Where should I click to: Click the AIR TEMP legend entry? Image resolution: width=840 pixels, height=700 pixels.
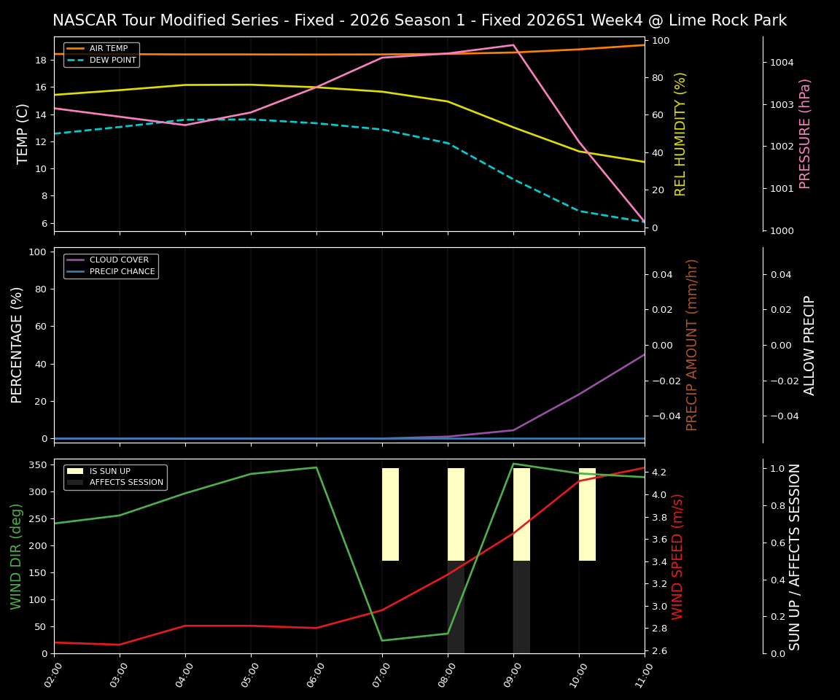pos(108,49)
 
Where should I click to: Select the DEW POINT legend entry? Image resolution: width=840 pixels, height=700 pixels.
pos(112,61)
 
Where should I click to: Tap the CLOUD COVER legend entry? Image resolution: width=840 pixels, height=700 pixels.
pos(119,260)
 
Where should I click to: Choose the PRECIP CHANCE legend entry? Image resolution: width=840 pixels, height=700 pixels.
pos(122,272)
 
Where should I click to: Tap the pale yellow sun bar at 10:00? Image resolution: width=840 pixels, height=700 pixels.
pos(587,514)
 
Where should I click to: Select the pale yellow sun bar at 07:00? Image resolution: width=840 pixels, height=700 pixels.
pos(390,514)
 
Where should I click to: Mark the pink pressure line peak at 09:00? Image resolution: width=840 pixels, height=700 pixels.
pos(513,45)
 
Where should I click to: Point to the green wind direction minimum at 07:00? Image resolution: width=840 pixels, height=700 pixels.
pos(382,641)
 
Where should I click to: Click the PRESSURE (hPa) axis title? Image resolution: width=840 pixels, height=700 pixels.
pos(805,133)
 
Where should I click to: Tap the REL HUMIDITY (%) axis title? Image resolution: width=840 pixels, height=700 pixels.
pos(680,133)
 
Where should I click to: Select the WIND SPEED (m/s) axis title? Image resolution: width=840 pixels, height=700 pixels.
pos(678,556)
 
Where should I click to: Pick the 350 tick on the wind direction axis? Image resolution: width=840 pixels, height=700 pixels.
pos(39,464)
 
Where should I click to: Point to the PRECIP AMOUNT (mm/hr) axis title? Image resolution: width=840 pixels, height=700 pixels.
pos(692,345)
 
